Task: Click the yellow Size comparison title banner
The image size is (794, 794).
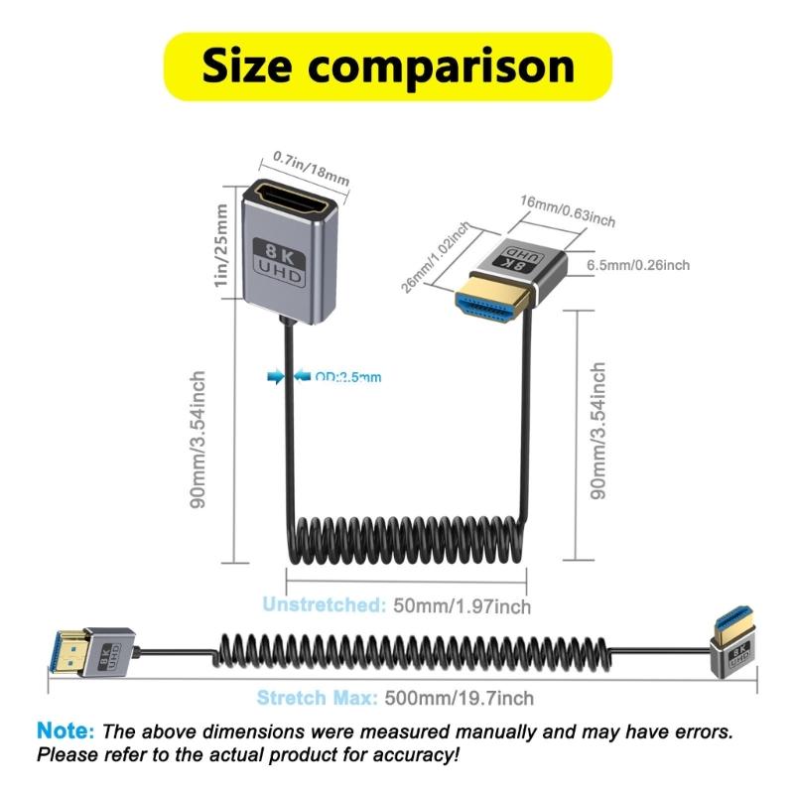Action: click(387, 66)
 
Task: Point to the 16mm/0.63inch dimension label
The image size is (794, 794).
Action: click(567, 210)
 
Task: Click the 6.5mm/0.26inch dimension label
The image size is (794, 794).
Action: click(638, 265)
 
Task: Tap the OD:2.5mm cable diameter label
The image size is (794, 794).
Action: click(347, 376)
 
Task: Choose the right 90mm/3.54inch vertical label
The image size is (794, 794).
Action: click(597, 430)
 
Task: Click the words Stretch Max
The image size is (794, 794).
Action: click(317, 698)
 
